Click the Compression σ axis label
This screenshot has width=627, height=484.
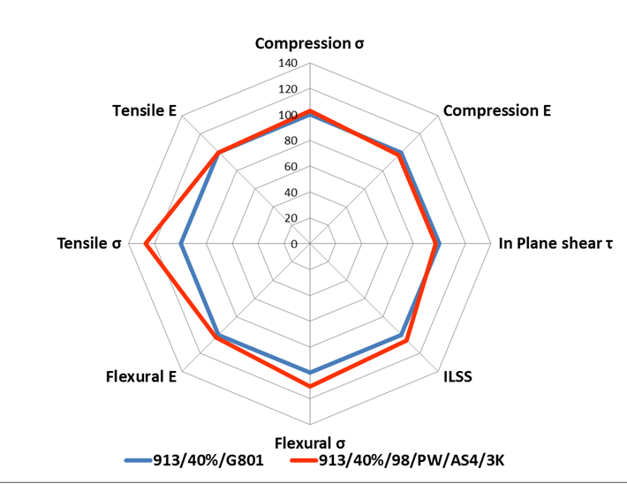click(x=309, y=42)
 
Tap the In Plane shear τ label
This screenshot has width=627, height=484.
click(x=555, y=244)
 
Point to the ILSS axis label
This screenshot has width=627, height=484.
click(x=457, y=377)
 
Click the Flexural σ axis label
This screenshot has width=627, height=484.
click(x=309, y=442)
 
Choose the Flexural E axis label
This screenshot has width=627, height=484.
click(x=140, y=377)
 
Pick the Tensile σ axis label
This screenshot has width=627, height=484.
click(x=88, y=244)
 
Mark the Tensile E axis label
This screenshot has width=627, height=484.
click(x=145, y=111)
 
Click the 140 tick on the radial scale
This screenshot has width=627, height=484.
click(x=288, y=64)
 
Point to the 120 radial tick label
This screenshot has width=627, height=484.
click(x=288, y=90)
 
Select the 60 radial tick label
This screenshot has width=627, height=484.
click(x=291, y=167)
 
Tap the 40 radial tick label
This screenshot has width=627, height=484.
click(x=291, y=193)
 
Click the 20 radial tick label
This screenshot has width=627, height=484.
click(x=291, y=218)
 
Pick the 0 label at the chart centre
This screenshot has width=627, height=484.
click(x=295, y=244)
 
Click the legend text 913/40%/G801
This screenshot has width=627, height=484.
click(x=208, y=460)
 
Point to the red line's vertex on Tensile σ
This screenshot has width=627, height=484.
click(x=146, y=244)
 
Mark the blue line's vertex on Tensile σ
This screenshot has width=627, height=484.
click(x=181, y=244)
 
